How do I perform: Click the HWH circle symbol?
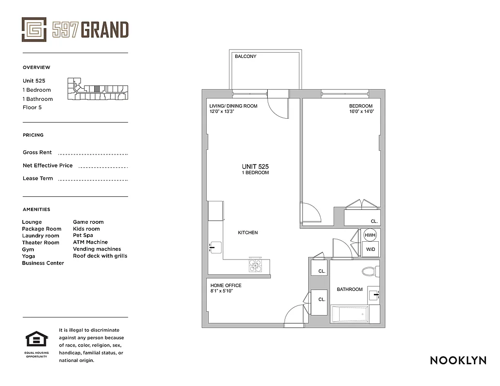coord(370,235)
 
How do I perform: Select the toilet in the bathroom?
coord(370,271)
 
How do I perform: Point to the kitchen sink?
coord(215,248)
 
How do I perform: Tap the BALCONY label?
coord(245,56)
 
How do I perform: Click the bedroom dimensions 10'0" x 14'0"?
coord(362,111)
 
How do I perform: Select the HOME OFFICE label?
coord(226,286)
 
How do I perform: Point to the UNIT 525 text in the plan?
coord(255,166)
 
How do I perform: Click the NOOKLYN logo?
coord(458,360)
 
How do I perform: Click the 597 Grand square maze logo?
coord(34,29)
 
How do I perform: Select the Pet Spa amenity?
coord(83,235)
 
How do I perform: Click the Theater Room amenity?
coord(41,243)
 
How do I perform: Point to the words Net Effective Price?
coord(47,165)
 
